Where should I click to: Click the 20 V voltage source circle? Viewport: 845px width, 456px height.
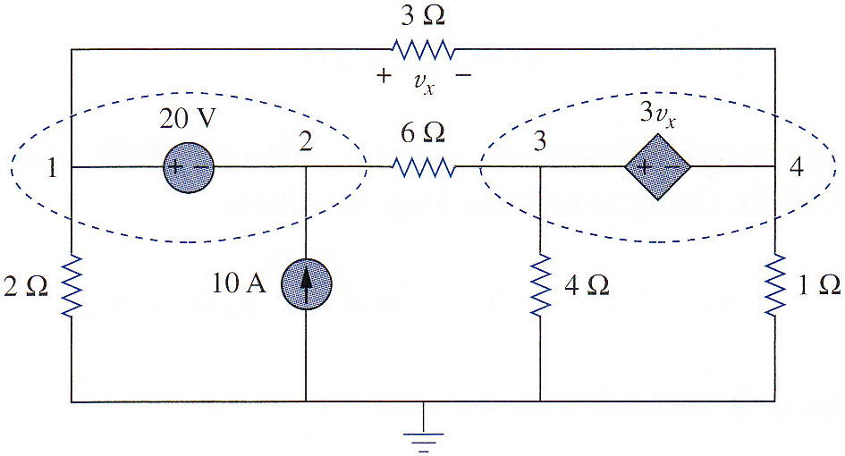coord(189,167)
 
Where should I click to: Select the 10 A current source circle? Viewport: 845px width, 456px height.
coord(306,284)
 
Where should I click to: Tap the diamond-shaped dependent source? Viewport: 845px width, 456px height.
coord(657,167)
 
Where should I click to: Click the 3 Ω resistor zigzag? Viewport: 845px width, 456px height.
coord(423,49)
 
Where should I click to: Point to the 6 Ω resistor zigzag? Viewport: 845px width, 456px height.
coord(423,167)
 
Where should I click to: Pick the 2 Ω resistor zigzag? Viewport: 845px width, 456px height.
coord(72,286)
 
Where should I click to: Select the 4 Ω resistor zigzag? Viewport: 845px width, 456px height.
coord(540,284)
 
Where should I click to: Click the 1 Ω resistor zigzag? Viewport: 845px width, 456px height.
coord(775,284)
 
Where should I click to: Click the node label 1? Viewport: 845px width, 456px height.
coord(52,167)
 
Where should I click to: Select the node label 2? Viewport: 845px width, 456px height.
coord(306,141)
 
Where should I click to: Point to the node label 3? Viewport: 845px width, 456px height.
coord(539,141)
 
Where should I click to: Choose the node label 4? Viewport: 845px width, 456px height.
coord(797,167)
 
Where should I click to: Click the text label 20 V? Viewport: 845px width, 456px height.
coord(188,118)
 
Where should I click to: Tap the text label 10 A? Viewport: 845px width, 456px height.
coord(239,283)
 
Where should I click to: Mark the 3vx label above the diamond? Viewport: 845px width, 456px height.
coord(657,115)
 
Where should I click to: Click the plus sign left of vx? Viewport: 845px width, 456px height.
coord(384,75)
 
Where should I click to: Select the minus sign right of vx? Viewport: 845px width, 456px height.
coord(463,75)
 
